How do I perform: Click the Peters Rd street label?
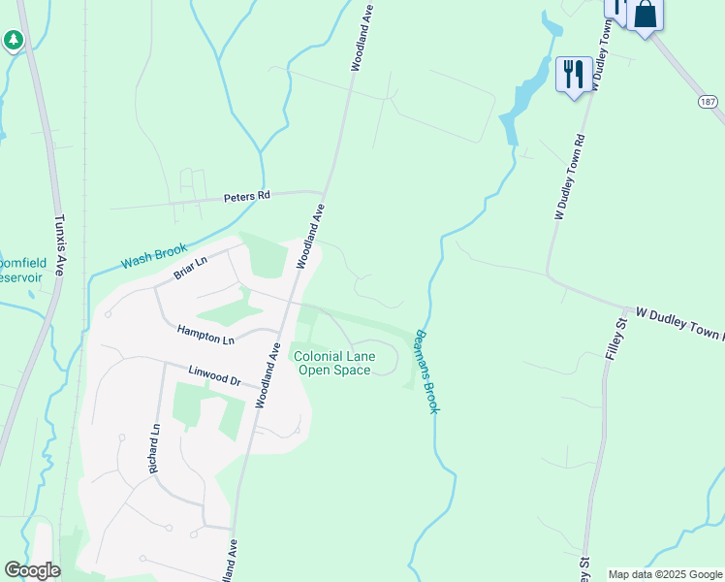(246, 196)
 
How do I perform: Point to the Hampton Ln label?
(205, 335)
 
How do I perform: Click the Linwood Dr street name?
(213, 375)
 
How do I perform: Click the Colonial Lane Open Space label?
(333, 363)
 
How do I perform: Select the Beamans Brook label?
(427, 372)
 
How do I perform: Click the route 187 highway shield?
(710, 101)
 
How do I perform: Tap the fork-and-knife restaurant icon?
(573, 74)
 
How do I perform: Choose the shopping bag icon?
(645, 16)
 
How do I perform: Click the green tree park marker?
(13, 41)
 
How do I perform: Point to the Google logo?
(32, 570)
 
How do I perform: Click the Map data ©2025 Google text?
(664, 574)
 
